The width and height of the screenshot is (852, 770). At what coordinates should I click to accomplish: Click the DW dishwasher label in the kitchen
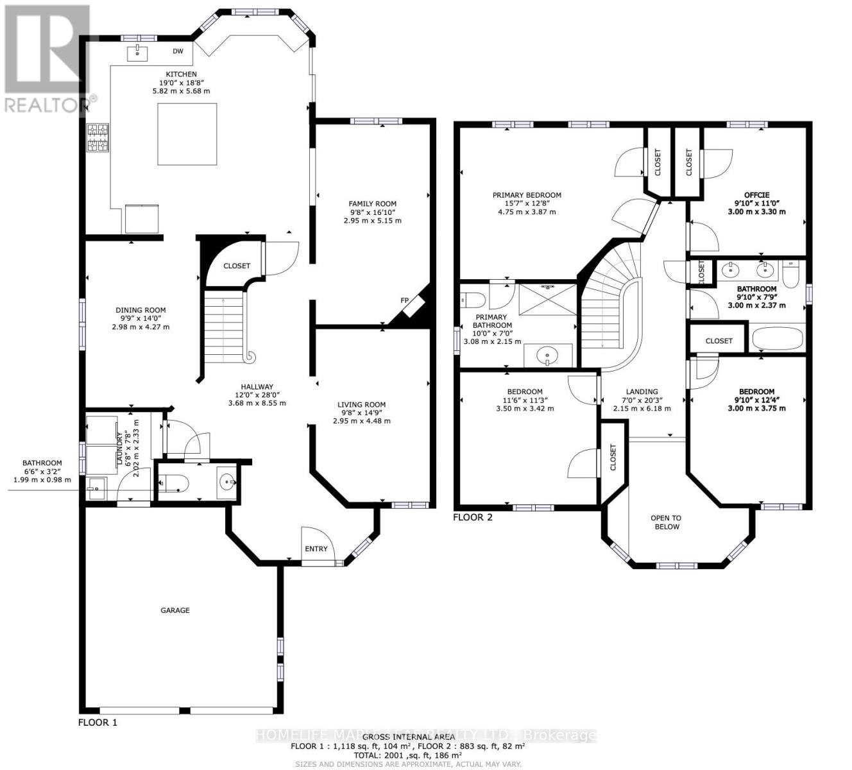click(178, 51)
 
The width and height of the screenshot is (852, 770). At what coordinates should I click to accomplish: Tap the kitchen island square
click(187, 133)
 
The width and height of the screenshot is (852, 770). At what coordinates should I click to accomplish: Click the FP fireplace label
click(405, 300)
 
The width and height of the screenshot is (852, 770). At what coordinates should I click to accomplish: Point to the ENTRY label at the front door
click(316, 549)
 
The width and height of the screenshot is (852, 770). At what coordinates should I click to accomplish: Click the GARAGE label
click(175, 610)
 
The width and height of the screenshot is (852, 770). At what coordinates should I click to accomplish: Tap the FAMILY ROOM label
click(372, 204)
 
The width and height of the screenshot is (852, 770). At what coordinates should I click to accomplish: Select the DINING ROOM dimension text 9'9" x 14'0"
click(141, 318)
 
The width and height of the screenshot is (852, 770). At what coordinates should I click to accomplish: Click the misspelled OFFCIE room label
click(756, 195)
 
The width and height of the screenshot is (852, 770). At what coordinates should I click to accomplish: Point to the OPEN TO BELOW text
click(666, 522)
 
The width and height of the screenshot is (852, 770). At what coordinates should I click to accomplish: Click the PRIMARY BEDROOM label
click(527, 195)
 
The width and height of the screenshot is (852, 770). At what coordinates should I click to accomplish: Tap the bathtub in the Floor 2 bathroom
click(777, 338)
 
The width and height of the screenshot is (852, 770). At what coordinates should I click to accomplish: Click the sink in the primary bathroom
click(547, 354)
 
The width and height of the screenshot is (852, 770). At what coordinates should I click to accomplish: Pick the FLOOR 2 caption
click(473, 517)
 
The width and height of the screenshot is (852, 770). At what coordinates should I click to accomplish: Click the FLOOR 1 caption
click(98, 722)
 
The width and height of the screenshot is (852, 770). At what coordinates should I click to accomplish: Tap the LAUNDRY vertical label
click(119, 448)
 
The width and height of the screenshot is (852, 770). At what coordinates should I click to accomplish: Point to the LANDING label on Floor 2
click(642, 391)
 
